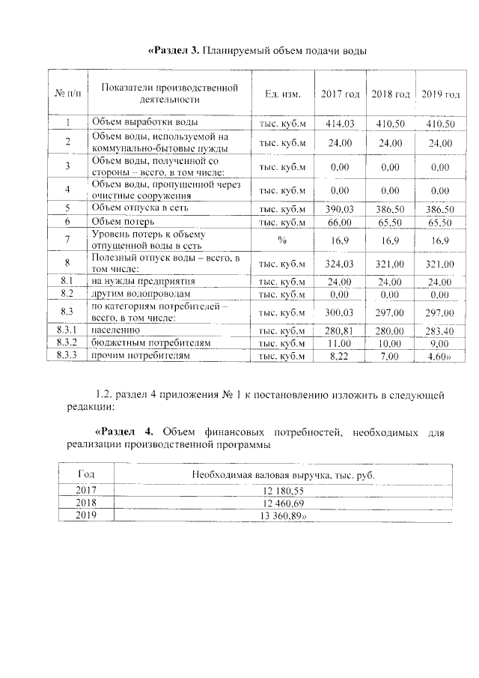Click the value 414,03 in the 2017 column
[x=340, y=123]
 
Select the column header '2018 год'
[x=390, y=94]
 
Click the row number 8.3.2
[x=67, y=342]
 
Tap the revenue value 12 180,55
[x=283, y=490]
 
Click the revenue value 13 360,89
[x=284, y=517]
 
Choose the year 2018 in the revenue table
[x=87, y=503]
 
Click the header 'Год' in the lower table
[x=87, y=475]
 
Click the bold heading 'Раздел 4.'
[x=124, y=432]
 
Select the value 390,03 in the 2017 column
[x=340, y=208]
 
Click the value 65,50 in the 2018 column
[x=390, y=223]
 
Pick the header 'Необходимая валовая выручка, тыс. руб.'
[x=283, y=475]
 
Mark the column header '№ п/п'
[x=67, y=94]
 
